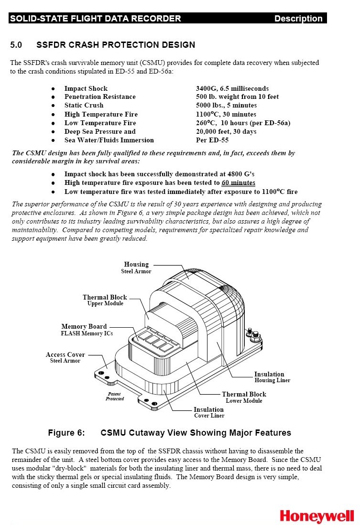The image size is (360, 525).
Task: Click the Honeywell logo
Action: pyautogui.click(x=317, y=515)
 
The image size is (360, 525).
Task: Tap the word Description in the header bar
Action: pyautogui.click(x=298, y=19)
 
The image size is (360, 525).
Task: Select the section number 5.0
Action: pyautogui.click(x=16, y=45)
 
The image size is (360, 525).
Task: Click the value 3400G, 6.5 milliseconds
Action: pyautogui.click(x=232, y=88)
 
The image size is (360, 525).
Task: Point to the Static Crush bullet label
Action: pyautogui.click(x=84, y=105)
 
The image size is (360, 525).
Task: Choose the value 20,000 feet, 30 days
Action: pyautogui.click(x=226, y=131)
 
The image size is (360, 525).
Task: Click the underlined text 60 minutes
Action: pyautogui.click(x=238, y=182)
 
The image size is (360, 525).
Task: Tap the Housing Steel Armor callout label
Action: pyautogui.click(x=136, y=268)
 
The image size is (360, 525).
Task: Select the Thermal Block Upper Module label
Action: pyautogui.click(x=105, y=300)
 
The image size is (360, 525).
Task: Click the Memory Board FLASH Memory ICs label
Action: pyautogui.click(x=87, y=330)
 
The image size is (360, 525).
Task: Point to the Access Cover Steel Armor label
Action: pyautogui.click(x=65, y=357)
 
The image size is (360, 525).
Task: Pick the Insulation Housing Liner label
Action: pyautogui.click(x=272, y=377)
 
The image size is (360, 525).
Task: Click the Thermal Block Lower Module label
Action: pyautogui.click(x=244, y=397)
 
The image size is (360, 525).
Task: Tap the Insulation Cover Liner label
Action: pyautogui.click(x=209, y=412)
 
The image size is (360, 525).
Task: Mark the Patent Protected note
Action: pyautogui.click(x=115, y=396)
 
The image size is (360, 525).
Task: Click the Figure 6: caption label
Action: pyautogui.click(x=66, y=433)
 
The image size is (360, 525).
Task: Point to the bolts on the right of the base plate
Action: pyautogui.click(x=253, y=334)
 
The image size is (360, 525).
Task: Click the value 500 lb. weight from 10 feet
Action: pyautogui.click(x=237, y=96)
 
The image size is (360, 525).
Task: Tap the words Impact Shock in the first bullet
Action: pyautogui.click(x=86, y=88)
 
